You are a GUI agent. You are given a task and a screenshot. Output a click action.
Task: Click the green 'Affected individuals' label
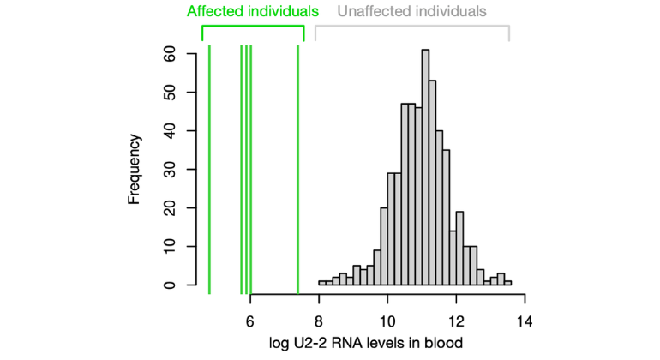[253, 11]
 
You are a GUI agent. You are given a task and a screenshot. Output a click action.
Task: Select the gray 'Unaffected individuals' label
[412, 11]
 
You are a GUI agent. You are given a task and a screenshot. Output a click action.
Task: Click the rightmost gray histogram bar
[507, 282]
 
